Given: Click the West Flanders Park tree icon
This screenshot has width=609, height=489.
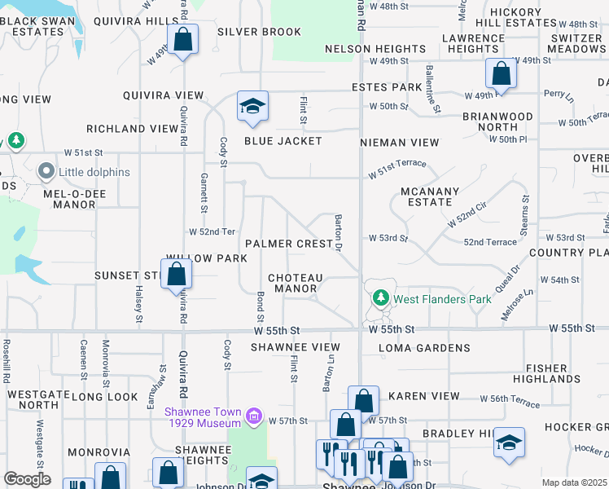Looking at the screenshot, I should click(379, 298).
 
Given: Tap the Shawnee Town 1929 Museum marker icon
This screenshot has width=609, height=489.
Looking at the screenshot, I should click(253, 417).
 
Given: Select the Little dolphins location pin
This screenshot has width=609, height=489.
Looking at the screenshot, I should click(46, 172).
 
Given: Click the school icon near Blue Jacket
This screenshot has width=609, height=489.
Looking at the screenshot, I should click(252, 106).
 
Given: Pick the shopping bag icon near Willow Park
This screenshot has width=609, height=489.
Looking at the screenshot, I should click(176, 275).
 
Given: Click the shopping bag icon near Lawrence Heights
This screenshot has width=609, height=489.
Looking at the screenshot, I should click(501, 74).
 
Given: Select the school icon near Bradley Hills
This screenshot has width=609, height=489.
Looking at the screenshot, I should click(510, 443).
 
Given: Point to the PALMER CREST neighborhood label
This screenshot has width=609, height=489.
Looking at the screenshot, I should click(290, 244).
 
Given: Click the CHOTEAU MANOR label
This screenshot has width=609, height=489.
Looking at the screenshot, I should click(296, 283).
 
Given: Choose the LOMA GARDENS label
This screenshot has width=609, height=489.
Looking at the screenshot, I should click(421, 348).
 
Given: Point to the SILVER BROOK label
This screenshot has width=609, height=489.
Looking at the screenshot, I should click(260, 32).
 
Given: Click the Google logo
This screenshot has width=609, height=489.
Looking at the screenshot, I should click(27, 479).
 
